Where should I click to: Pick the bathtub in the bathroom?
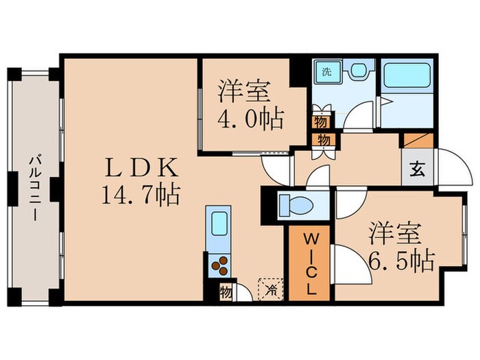point(405,75)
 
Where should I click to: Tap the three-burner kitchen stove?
point(219,265)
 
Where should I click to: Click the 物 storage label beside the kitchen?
point(226,291)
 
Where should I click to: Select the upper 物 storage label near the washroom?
point(320,122)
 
